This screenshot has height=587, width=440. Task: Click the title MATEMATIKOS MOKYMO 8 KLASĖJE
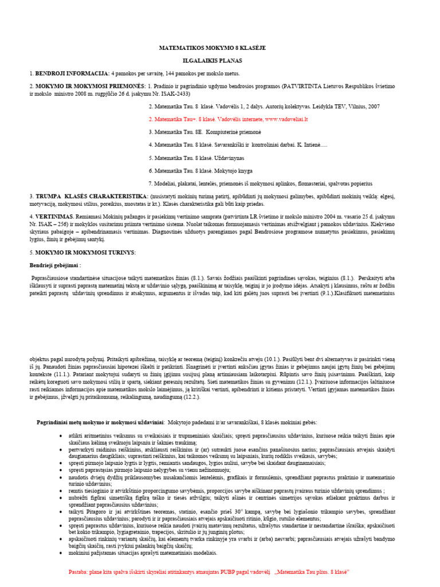point(212,48)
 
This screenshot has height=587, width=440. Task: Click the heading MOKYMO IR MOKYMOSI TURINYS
point(85,252)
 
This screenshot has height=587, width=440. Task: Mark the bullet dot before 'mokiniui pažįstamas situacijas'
point(61,553)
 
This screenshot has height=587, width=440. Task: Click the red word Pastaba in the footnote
point(78,572)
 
